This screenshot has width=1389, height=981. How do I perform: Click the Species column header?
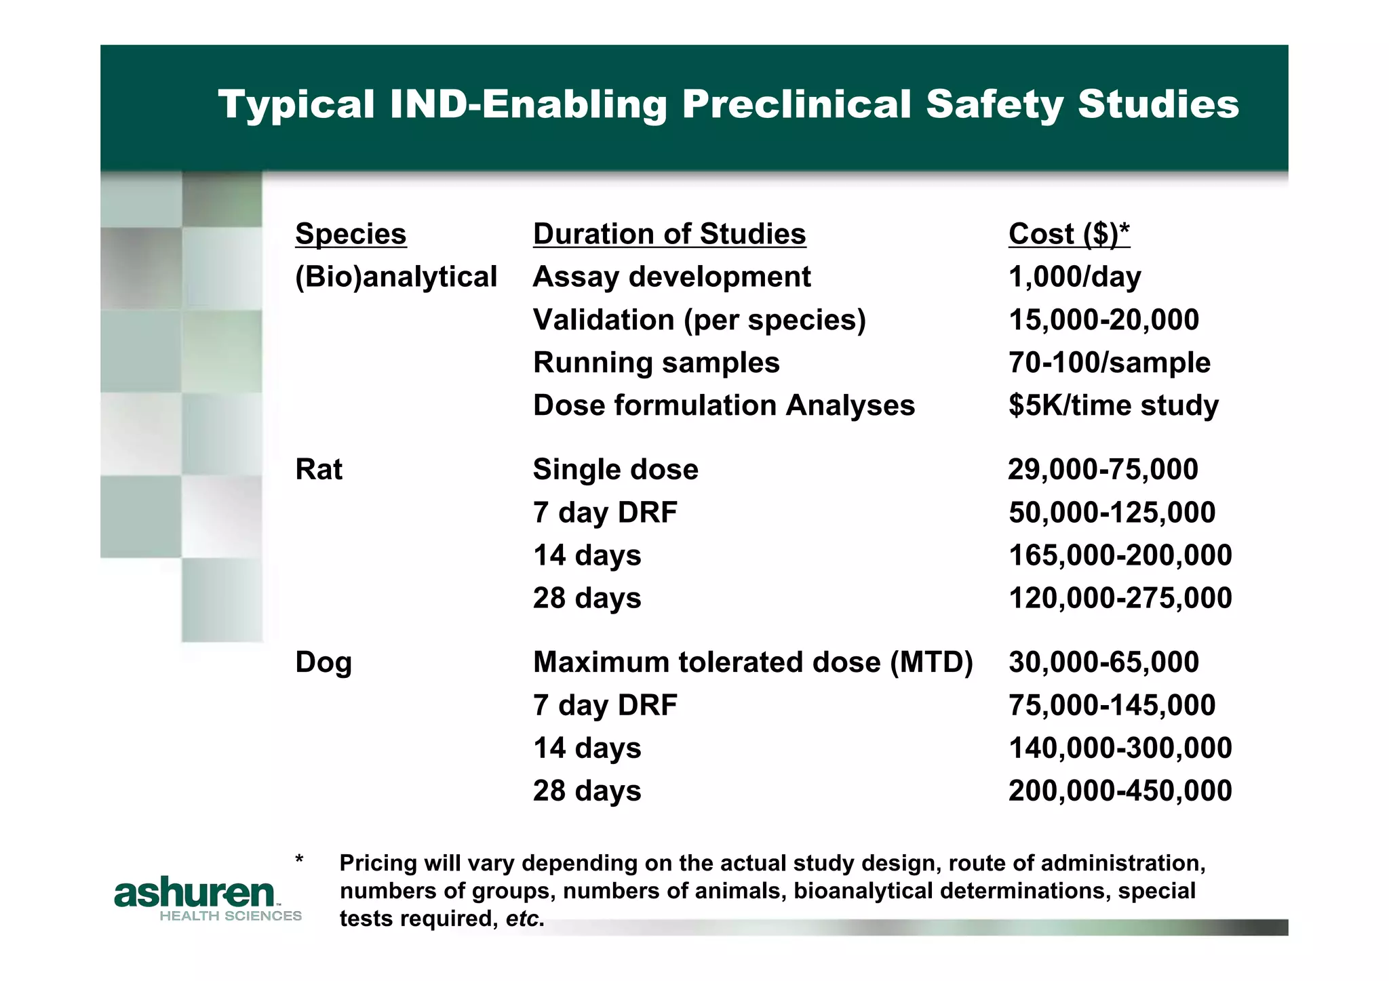(x=351, y=234)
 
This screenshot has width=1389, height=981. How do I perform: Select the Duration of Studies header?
(x=669, y=234)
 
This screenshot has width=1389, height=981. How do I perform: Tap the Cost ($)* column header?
(x=1069, y=234)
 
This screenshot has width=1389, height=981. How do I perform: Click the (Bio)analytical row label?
(x=396, y=277)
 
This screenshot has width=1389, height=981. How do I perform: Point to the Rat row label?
(x=319, y=469)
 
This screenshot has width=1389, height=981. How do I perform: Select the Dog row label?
(x=324, y=662)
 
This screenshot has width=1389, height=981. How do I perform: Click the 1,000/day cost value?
(x=1074, y=277)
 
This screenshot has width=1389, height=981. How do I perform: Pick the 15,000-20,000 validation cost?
(x=1103, y=319)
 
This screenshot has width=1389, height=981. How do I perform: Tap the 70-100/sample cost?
(x=1109, y=363)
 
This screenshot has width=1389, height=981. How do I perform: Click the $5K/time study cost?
(x=1113, y=405)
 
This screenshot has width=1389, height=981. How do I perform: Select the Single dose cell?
(x=615, y=469)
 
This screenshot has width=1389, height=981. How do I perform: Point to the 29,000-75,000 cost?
(x=1103, y=469)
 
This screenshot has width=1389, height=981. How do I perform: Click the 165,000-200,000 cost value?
(x=1120, y=555)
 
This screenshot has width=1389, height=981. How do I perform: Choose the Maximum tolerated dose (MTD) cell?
(x=753, y=662)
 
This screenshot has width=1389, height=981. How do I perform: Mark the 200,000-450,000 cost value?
(x=1120, y=791)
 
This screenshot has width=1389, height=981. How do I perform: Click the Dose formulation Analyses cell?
(x=724, y=405)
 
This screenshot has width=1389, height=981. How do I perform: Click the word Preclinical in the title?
(x=796, y=104)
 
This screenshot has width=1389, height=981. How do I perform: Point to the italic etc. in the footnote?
(x=524, y=919)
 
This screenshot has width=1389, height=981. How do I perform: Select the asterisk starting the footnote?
(x=299, y=860)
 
